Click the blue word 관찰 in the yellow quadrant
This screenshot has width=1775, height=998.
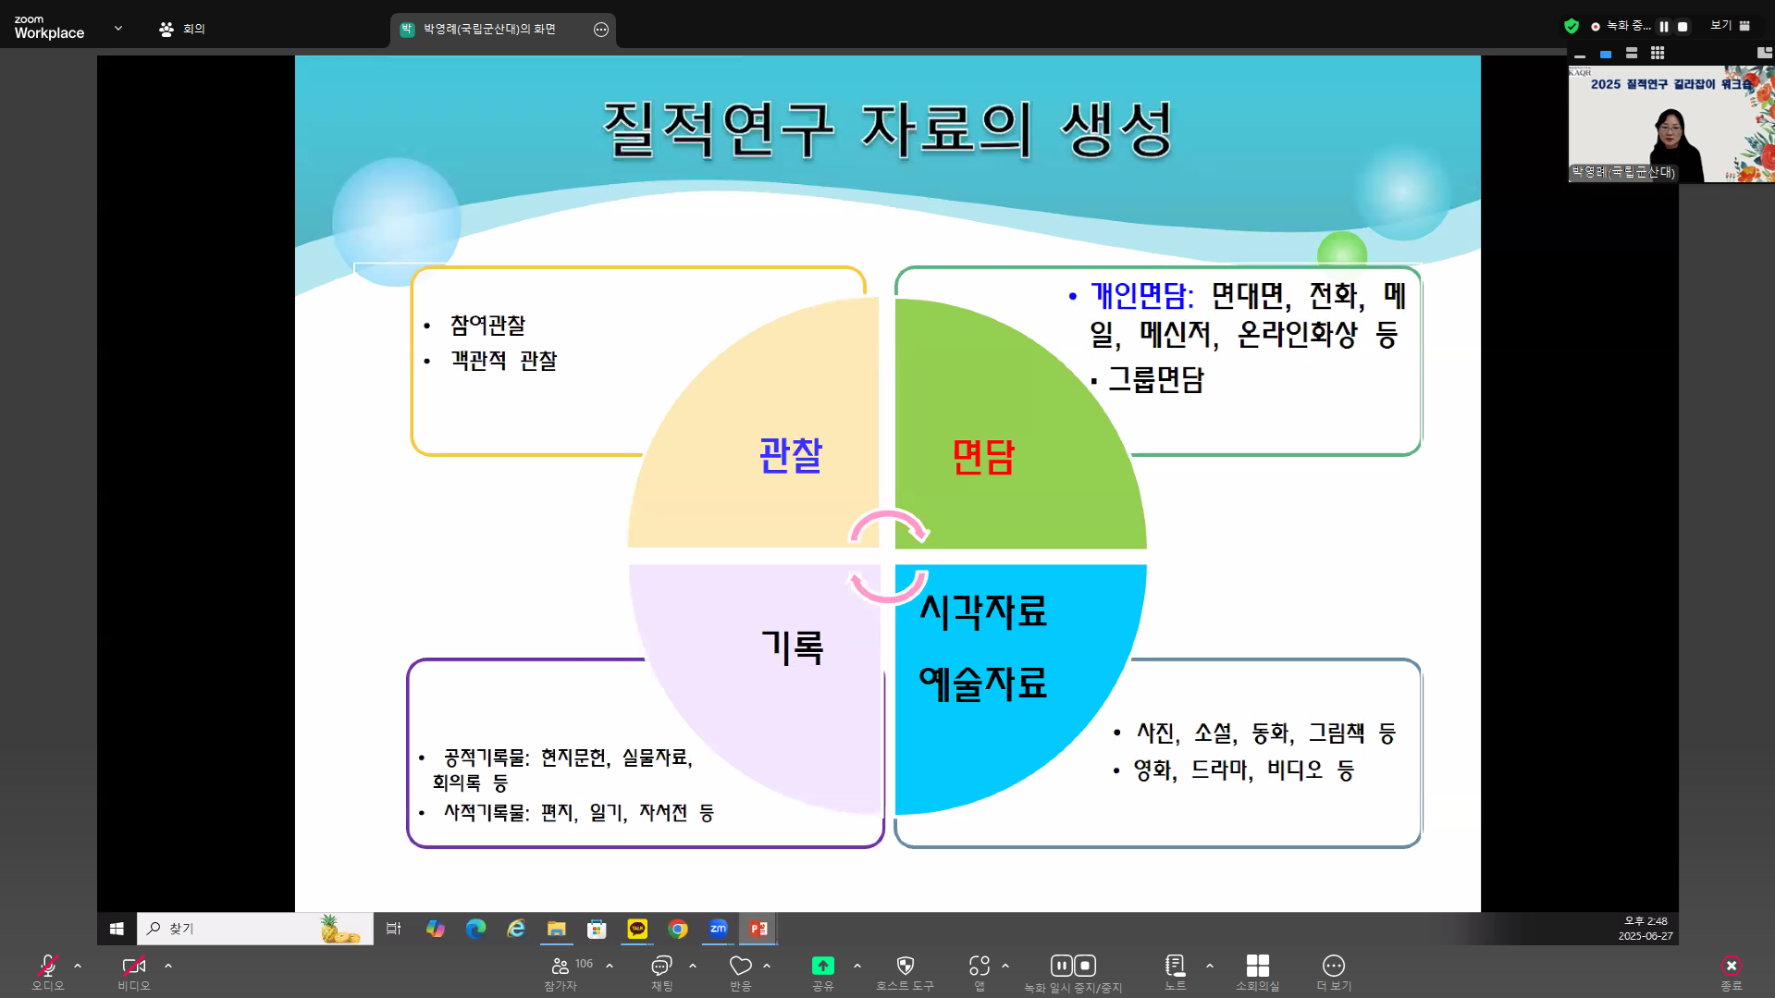(x=791, y=455)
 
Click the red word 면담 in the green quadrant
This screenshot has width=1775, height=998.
(x=983, y=457)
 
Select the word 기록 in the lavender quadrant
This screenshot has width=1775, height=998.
(x=793, y=647)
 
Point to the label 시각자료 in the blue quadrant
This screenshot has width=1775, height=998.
(x=983, y=611)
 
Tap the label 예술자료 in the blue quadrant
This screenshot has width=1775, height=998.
(x=983, y=684)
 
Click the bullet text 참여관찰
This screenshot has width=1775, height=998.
(x=487, y=326)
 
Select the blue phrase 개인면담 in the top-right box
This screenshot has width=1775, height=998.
(x=1141, y=296)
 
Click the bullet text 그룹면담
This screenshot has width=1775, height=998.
(x=1156, y=379)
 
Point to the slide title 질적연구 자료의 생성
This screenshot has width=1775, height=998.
(x=888, y=129)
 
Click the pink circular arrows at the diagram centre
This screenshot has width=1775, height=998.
(x=888, y=556)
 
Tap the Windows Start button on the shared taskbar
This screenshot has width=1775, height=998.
(x=117, y=929)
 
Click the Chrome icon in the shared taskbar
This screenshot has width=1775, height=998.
(x=678, y=929)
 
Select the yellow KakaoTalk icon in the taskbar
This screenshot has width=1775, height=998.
(x=637, y=929)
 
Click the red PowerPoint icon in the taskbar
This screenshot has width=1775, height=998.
(x=758, y=929)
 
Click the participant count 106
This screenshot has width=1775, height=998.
(x=585, y=964)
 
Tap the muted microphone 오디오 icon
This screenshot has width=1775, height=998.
(x=48, y=966)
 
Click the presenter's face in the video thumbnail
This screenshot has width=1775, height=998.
(x=1670, y=127)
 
